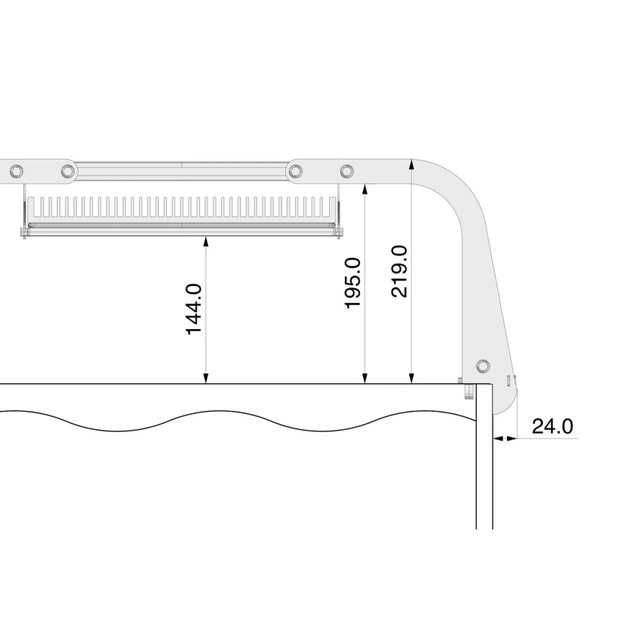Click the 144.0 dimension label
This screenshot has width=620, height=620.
(194, 309)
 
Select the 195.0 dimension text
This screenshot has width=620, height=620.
(353, 283)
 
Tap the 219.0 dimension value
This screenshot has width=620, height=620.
(399, 272)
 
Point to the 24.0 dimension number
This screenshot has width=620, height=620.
(552, 426)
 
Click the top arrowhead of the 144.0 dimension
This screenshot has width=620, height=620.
(206, 241)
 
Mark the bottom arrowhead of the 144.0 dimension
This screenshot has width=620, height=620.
(206, 379)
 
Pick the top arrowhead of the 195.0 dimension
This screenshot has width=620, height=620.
(365, 189)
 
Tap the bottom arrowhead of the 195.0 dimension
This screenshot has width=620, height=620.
(365, 379)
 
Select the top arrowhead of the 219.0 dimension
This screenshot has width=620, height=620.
(412, 164)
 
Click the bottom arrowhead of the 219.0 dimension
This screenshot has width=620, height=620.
(412, 379)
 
